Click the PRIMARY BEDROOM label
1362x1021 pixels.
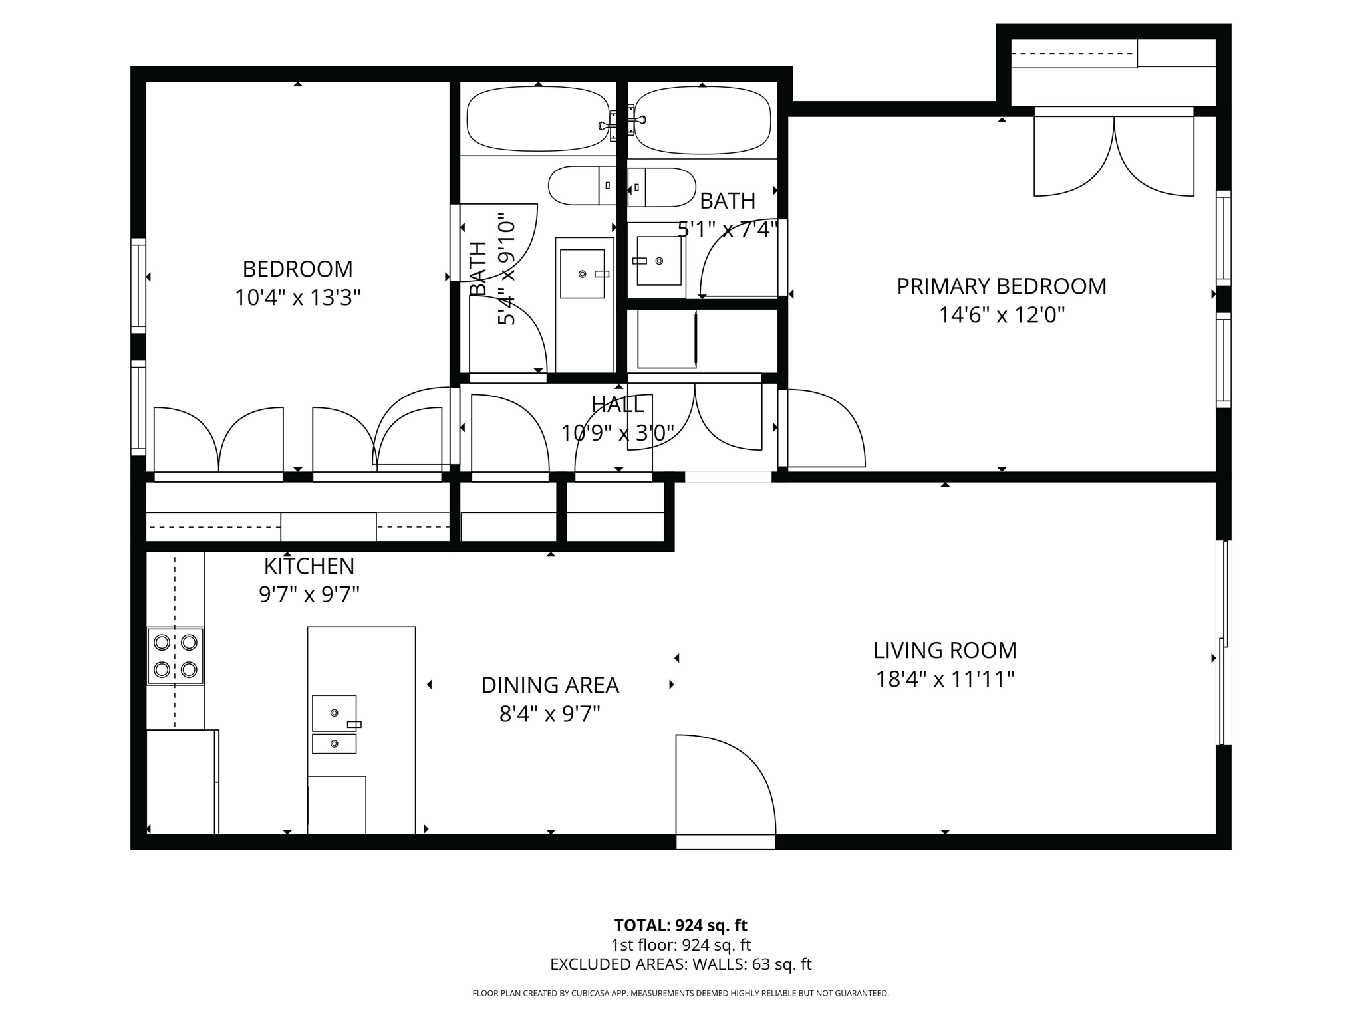1002,286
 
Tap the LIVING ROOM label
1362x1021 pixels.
945,650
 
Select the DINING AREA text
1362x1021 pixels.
550,685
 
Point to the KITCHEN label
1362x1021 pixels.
309,566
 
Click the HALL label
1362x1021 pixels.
618,405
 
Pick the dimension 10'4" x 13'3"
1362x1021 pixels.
298,298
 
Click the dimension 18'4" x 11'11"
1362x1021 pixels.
945,679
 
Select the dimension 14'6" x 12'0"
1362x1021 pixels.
1002,315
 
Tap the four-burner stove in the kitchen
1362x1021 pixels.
176,656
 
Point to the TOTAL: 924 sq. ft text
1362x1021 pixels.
680,925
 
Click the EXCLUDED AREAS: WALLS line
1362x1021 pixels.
680,964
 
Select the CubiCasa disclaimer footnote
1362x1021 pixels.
680,994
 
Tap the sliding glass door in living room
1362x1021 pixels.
1224,643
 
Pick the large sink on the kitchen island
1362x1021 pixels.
335,713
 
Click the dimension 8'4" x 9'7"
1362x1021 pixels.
550,714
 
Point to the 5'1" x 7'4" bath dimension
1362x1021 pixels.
728,229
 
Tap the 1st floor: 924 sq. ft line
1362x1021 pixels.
680,945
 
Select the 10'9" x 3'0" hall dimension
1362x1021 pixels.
618,433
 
